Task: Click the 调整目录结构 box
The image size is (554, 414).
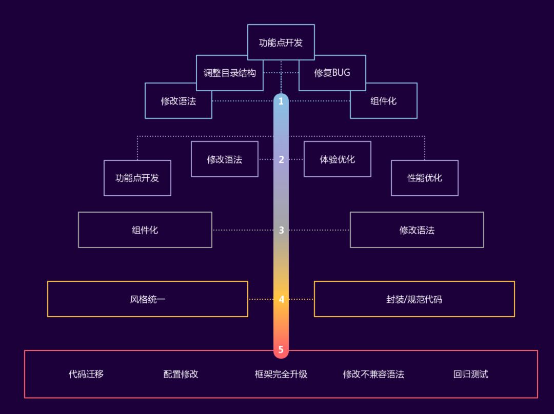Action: coord(229,73)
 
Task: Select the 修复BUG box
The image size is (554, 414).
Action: coord(332,73)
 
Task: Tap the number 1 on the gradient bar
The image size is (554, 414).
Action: coord(281,101)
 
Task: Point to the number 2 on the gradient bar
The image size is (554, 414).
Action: coord(281,159)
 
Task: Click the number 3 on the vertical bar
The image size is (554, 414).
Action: coord(281,230)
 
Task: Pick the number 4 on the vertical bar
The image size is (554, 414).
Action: coord(281,299)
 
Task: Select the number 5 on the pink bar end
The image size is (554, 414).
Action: coord(281,350)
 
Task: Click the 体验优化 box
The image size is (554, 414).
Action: coord(337,159)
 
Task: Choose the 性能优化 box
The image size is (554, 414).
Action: coord(424,178)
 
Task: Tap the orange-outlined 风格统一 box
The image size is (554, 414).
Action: coord(148,299)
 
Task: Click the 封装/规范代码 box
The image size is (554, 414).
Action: coord(414,299)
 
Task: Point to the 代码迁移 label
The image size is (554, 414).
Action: coord(86,374)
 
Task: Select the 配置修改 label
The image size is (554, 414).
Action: coord(181,374)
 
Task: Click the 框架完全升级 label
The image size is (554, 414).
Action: coord(281,374)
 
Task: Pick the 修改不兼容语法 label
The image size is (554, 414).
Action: coord(373,374)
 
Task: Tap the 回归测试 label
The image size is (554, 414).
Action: coord(470,374)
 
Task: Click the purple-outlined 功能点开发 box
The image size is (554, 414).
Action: coord(137,178)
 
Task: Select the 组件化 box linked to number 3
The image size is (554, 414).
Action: coord(145,230)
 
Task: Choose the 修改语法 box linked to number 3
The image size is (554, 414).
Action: coord(417,230)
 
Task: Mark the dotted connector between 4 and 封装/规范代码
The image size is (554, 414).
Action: coord(302,299)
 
